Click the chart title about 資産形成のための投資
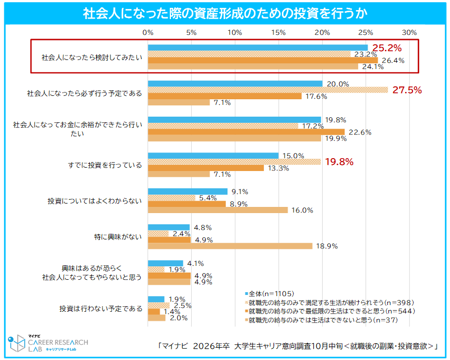tap(225, 12)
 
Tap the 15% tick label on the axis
tap(279, 32)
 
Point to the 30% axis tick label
tap(409, 32)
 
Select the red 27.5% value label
tap(407, 90)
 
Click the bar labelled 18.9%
tap(230, 246)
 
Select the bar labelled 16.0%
tap(217, 210)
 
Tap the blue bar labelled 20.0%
tap(235, 84)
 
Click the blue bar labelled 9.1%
tap(187, 191)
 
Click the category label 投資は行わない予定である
tap(101, 308)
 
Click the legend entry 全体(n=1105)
tap(270, 293)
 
